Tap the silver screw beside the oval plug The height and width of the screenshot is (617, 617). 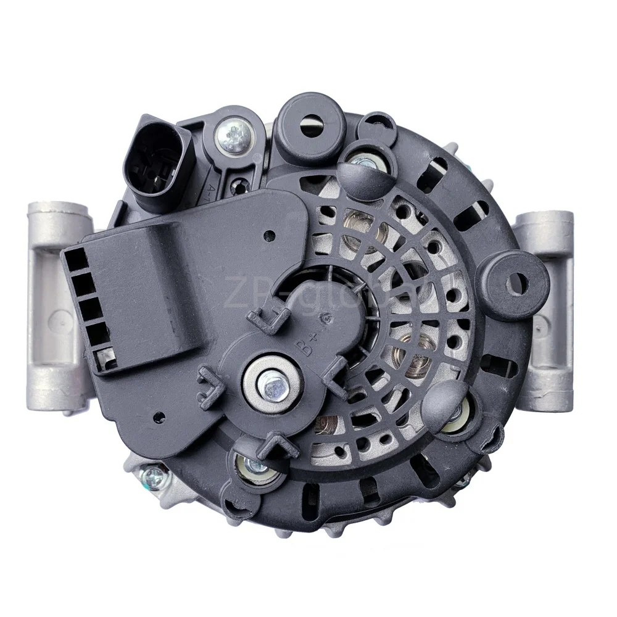234,134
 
